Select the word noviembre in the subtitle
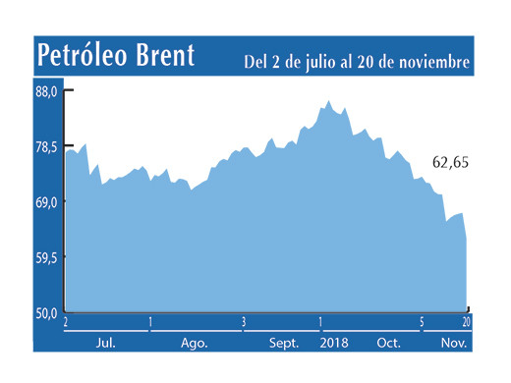click(x=429, y=62)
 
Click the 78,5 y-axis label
click(x=48, y=147)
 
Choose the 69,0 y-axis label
click(x=48, y=202)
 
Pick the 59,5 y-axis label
click(x=48, y=257)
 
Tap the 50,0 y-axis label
click(x=48, y=312)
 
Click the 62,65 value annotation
click(x=452, y=162)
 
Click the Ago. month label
click(x=194, y=343)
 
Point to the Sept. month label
click(x=285, y=343)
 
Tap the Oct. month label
click(x=389, y=343)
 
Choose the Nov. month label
click(x=454, y=343)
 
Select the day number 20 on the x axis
click(x=466, y=322)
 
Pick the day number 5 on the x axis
click(x=422, y=322)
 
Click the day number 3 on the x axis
click(x=243, y=322)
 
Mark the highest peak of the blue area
click(x=327, y=101)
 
